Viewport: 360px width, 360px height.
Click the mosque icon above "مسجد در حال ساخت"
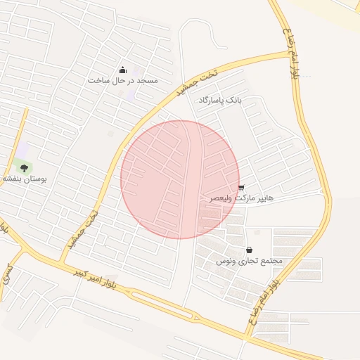pos(124,69)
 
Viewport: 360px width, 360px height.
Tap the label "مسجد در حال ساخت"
pos(123,81)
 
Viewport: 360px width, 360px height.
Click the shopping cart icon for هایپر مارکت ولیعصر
pos(242,188)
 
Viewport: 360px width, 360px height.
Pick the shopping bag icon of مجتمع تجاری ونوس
pos(250,250)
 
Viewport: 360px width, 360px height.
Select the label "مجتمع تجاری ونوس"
pos(249,261)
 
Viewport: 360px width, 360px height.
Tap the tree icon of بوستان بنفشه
pos(25,167)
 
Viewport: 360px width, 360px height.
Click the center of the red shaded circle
pos(180,179)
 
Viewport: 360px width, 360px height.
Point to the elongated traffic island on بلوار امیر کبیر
pos(159,303)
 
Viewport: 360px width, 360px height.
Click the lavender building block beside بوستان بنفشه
pos(22,149)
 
